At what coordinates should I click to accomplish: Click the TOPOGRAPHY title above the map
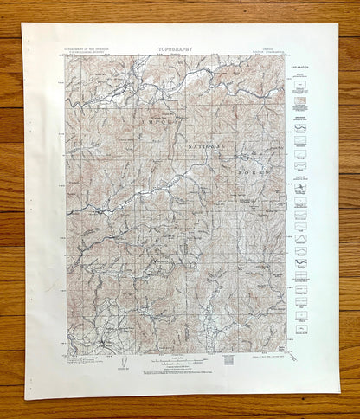(x=175, y=50)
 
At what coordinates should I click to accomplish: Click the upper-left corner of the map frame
(x=67, y=56)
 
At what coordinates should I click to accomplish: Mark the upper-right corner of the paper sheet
(x=337, y=24)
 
